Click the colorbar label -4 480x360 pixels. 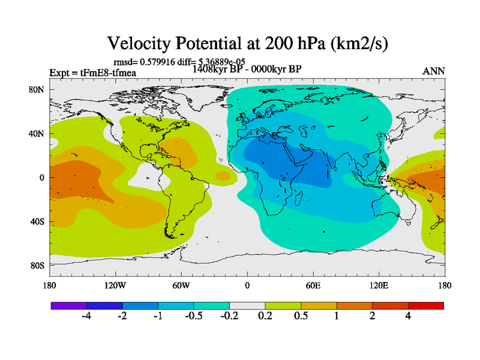[x=86, y=316]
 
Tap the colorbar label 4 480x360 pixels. [x=408, y=316]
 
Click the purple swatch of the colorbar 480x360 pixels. [x=68, y=305]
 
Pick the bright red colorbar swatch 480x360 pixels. [x=426, y=305]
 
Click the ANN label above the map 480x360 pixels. [x=434, y=71]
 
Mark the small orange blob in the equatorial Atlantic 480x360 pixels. [x=223, y=176]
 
